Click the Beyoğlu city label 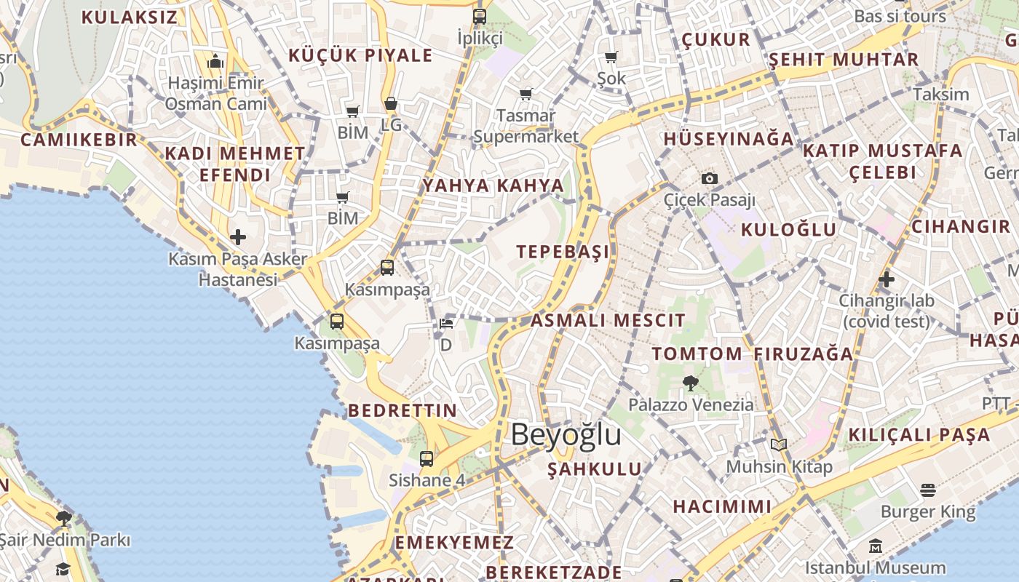pos(566,434)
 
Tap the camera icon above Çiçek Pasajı pos(709,178)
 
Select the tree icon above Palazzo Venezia pos(690,383)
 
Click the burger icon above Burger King pos(927,490)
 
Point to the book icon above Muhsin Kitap pos(779,445)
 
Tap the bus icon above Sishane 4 pos(427,459)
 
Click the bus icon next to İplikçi pos(479,17)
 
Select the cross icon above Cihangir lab pos(886,279)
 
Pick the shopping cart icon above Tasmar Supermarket pos(526,94)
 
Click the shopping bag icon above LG pos(391,104)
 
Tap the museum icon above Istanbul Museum pos(875,546)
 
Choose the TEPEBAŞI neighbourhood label pos(563,252)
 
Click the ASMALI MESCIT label pos(608,320)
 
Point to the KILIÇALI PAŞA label pos(919,435)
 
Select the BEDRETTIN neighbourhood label pos(403,410)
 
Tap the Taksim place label pos(941,95)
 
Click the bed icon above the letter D pos(446,323)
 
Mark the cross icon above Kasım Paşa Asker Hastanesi pos(238,237)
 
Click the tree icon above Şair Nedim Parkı pos(64,519)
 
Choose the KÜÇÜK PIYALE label pos(360,55)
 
